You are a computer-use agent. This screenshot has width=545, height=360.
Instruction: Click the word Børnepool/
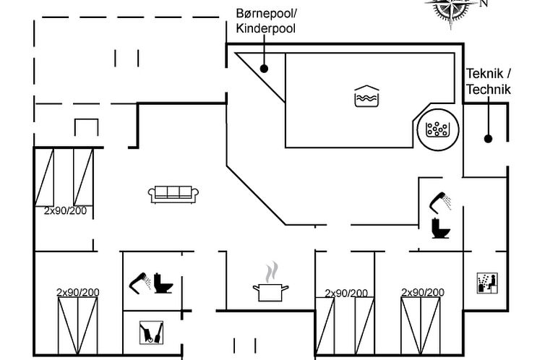click(266, 14)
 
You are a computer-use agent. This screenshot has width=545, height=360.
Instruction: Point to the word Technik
click(489, 90)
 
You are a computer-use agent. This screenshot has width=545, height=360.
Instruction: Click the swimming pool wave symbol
click(366, 96)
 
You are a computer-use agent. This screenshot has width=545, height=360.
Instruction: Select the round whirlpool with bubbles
click(438, 129)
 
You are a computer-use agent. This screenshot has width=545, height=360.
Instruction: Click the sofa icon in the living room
click(174, 193)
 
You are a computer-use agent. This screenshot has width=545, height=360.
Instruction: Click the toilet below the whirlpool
click(439, 228)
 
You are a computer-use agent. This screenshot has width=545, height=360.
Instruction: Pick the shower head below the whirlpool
click(440, 200)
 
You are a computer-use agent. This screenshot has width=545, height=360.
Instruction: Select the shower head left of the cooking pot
click(140, 281)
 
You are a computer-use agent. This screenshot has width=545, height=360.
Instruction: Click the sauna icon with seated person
click(486, 283)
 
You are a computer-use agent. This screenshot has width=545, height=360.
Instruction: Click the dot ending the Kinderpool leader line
click(265, 69)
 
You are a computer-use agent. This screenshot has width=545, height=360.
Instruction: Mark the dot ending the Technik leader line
click(489, 139)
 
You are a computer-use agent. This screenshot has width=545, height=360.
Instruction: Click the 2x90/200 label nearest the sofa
click(66, 211)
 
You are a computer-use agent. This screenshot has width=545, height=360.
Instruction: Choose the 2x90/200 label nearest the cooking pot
click(346, 293)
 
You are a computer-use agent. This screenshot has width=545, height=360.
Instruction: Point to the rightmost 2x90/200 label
click(423, 293)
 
